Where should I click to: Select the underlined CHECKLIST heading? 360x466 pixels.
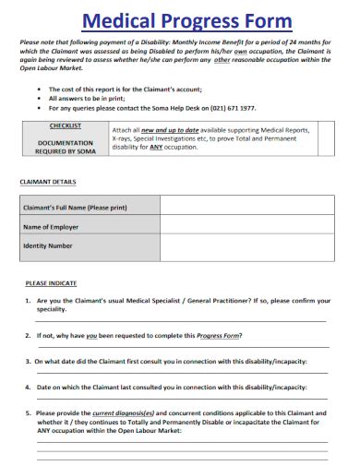click(65, 125)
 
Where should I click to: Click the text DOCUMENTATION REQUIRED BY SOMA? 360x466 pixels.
click(65, 148)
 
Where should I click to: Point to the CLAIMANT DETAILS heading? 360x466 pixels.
click(48, 182)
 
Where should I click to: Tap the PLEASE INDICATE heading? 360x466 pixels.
click(52, 282)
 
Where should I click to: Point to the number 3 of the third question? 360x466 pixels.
click(28, 362)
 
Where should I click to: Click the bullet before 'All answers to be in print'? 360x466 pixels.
click(36, 97)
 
